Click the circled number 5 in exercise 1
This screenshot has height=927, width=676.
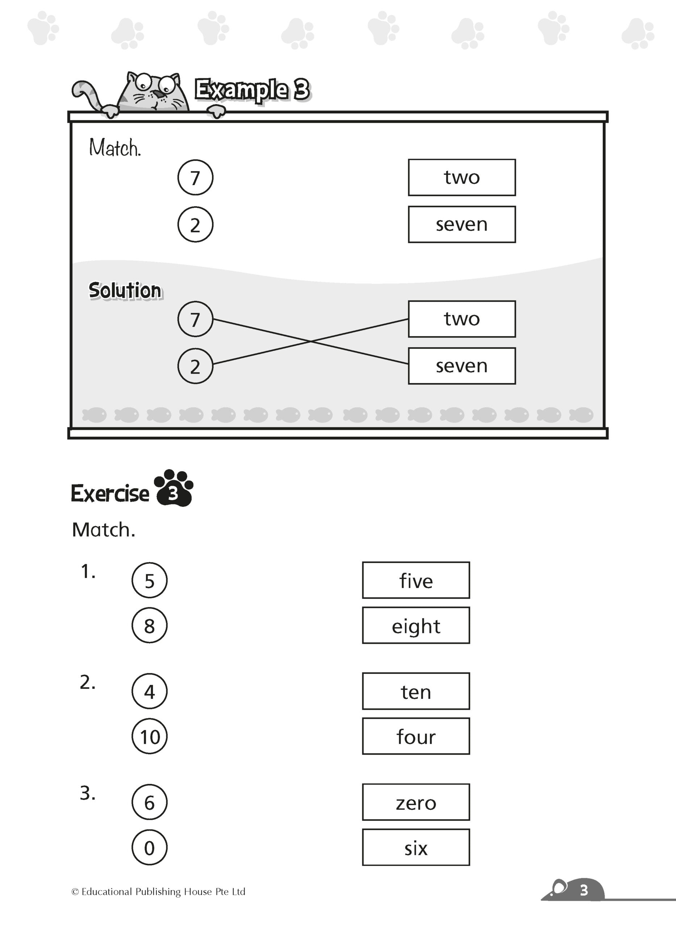tap(149, 580)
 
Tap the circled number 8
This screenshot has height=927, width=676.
tap(149, 626)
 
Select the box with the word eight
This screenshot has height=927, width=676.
tap(416, 626)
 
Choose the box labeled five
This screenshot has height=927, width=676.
tap(416, 580)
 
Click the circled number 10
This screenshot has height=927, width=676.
tap(149, 737)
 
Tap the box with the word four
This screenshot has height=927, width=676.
tap(416, 737)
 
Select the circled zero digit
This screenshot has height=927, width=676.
tap(149, 848)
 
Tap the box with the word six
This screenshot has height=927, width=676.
tap(416, 848)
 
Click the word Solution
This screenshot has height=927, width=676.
tap(125, 291)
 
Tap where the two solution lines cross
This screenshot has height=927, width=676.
tap(310, 341)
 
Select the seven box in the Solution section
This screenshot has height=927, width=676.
tap(462, 366)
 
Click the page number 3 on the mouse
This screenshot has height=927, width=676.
tap(584, 890)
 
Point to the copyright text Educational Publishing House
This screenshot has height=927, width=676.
tap(158, 892)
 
